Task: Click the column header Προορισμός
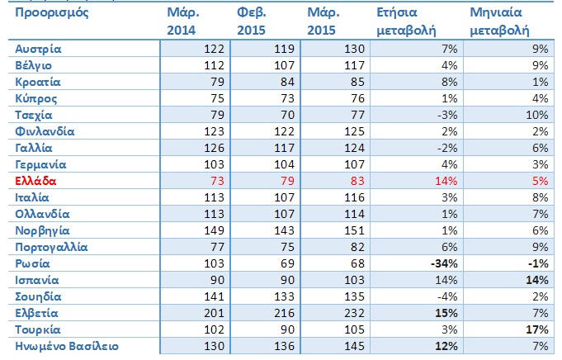[x=52, y=13]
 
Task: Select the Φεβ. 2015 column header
[x=251, y=21]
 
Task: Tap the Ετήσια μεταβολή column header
[x=406, y=21]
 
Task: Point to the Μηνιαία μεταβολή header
[x=499, y=21]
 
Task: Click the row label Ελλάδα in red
[x=35, y=181]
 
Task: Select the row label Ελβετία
[x=36, y=313]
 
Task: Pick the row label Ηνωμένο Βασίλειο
[x=67, y=346]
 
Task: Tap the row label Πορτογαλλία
[x=51, y=247]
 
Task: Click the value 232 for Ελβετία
[x=354, y=313]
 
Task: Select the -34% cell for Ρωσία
[x=444, y=263]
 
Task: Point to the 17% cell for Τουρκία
[x=537, y=329]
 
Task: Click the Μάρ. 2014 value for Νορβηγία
[x=214, y=230]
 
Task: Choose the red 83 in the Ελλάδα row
[x=357, y=181]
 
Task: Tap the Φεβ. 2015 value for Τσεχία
[x=287, y=115]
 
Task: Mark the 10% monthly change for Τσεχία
[x=537, y=115]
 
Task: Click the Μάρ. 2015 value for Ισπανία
[x=354, y=280]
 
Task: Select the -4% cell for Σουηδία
[x=447, y=296]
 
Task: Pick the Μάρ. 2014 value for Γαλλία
[x=214, y=148]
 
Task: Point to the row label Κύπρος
[x=35, y=98]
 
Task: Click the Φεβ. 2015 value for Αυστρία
[x=284, y=49]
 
